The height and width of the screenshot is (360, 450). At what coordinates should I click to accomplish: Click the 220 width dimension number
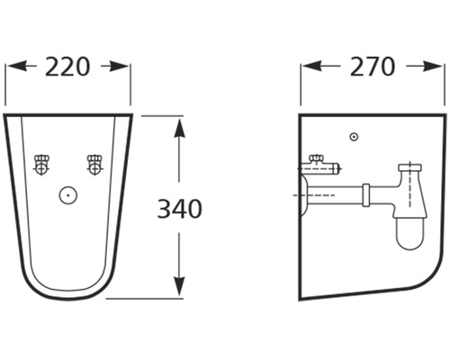[67, 66]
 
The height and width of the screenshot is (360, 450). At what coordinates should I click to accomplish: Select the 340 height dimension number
[180, 209]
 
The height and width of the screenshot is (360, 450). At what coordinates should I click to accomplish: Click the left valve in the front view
[40, 165]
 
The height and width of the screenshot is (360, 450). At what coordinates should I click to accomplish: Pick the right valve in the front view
[94, 165]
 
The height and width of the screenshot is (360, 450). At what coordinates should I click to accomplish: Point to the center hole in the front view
[66, 193]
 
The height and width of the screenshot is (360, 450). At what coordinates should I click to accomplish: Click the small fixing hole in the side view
[354, 137]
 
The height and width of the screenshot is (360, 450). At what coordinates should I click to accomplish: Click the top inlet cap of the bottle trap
[412, 167]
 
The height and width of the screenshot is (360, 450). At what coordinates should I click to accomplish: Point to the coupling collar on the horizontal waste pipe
[366, 193]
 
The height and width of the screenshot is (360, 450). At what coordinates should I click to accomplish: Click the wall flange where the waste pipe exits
[303, 193]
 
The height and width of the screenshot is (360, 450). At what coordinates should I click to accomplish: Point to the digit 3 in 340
[165, 209]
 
